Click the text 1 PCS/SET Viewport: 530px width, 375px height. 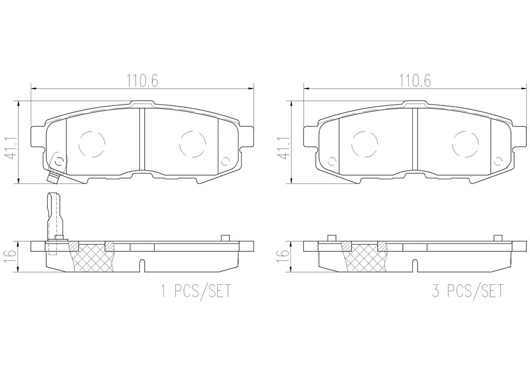tap(196, 291)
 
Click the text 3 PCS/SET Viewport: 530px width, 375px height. tap(468, 291)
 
